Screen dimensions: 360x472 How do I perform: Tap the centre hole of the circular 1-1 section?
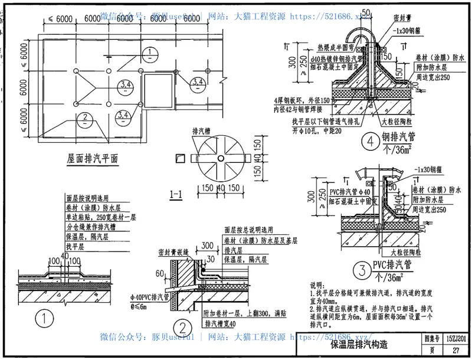coord(219,158)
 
